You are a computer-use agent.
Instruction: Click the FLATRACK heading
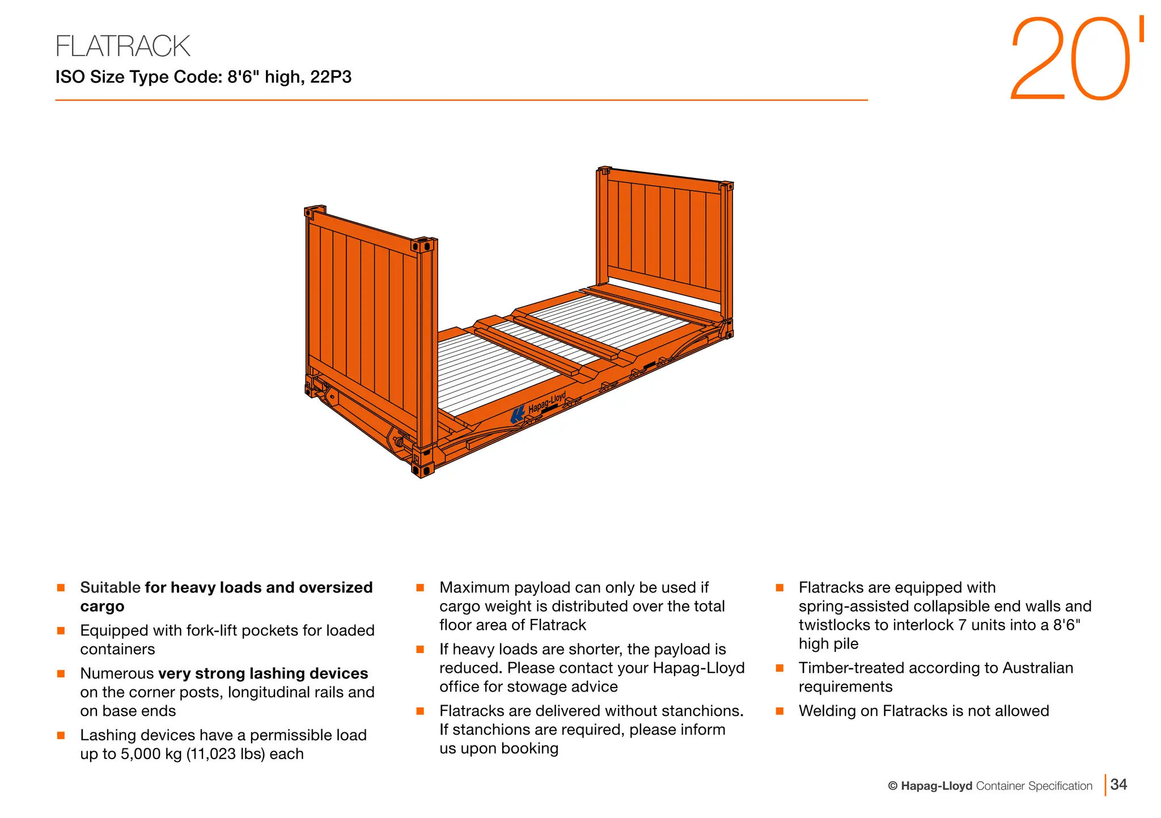point(122,46)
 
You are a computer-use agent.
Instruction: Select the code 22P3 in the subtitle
point(330,77)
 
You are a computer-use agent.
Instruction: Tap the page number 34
point(1118,785)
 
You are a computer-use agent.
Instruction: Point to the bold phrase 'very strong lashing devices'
point(263,673)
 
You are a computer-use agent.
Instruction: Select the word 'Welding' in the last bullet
point(827,711)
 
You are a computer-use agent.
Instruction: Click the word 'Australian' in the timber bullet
point(1037,668)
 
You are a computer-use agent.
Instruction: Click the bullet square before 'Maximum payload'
point(420,588)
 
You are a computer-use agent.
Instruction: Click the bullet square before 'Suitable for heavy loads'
point(61,588)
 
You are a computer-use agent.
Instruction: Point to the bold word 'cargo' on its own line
point(102,607)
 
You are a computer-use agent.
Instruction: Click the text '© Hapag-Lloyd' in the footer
point(930,786)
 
